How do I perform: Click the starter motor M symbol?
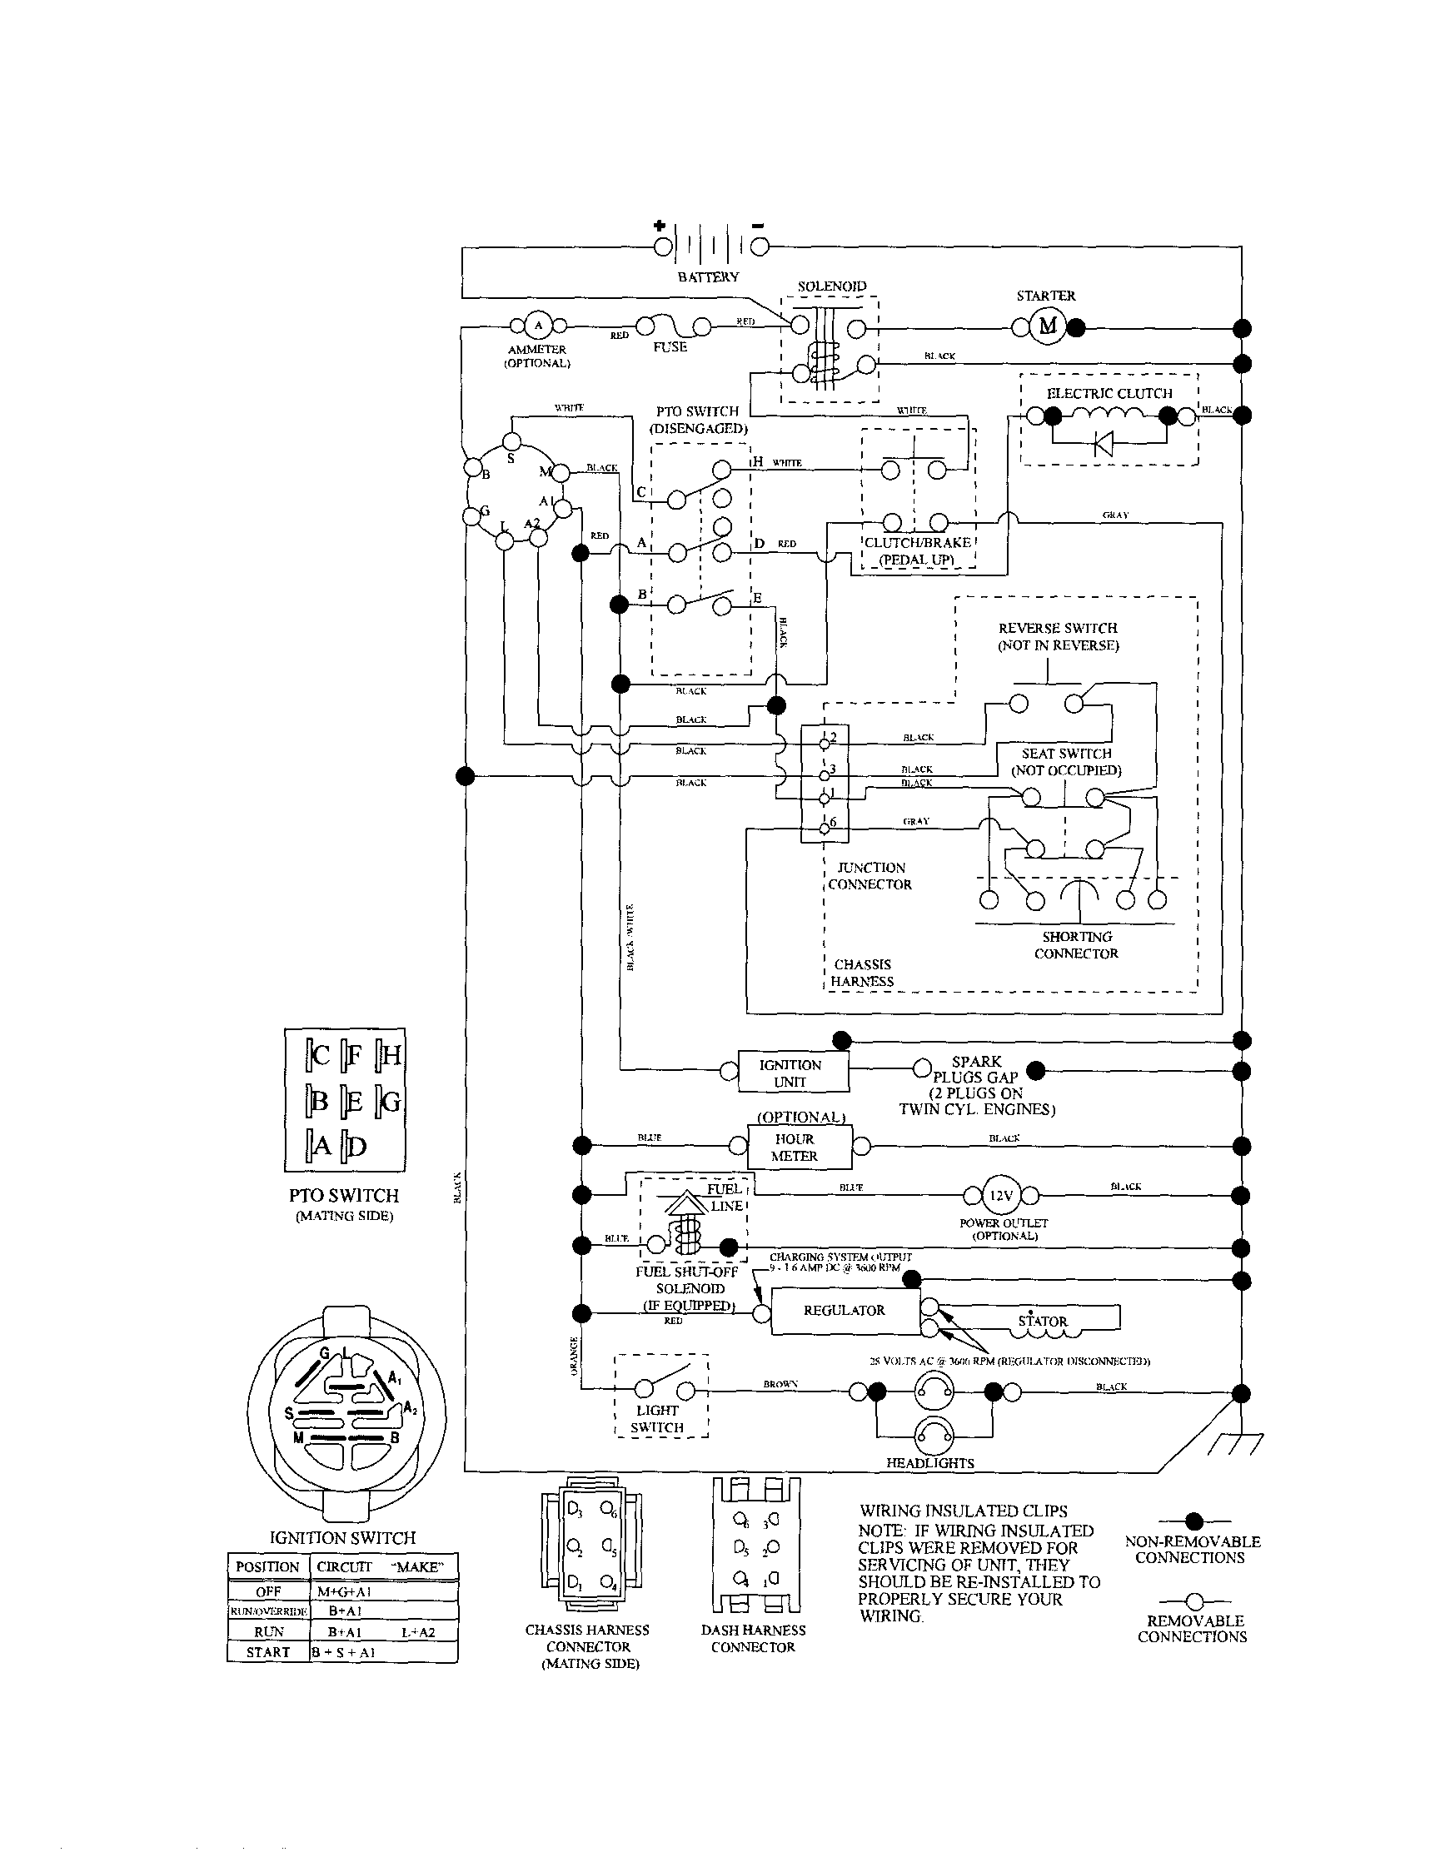(1047, 326)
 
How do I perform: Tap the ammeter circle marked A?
(537, 326)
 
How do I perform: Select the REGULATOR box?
(845, 1310)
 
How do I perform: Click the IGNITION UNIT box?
(792, 1073)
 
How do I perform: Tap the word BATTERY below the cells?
(708, 276)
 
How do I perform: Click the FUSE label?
(670, 347)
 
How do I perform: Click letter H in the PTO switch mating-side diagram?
(391, 1056)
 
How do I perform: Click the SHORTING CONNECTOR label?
(1076, 944)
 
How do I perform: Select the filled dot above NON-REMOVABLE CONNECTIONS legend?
(1194, 1521)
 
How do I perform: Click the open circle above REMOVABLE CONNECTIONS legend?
(1194, 1601)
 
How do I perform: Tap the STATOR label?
(1042, 1322)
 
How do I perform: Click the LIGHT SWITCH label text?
(657, 1418)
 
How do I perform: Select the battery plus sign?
(659, 227)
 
